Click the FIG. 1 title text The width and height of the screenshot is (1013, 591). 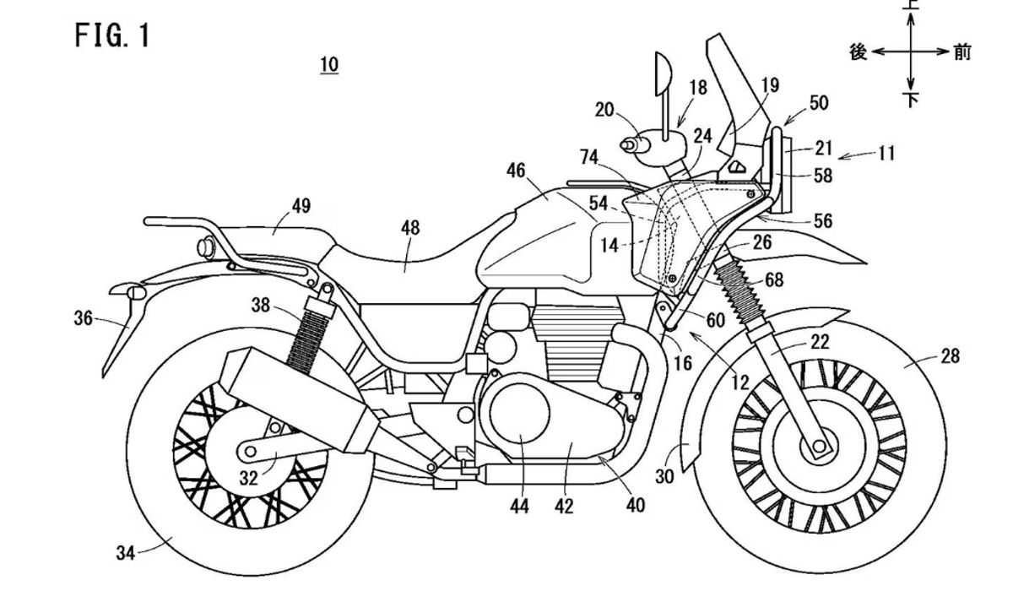click(x=111, y=35)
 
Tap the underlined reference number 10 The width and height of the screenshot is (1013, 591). click(x=329, y=65)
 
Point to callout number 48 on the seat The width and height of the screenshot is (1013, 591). click(x=410, y=228)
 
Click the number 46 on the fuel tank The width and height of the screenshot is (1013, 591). click(x=516, y=171)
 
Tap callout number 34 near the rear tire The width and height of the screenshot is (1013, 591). click(x=126, y=553)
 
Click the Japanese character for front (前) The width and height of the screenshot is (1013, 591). click(x=962, y=52)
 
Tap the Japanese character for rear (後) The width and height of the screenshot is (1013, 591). click(x=859, y=52)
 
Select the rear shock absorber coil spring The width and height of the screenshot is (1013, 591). click(x=304, y=333)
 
